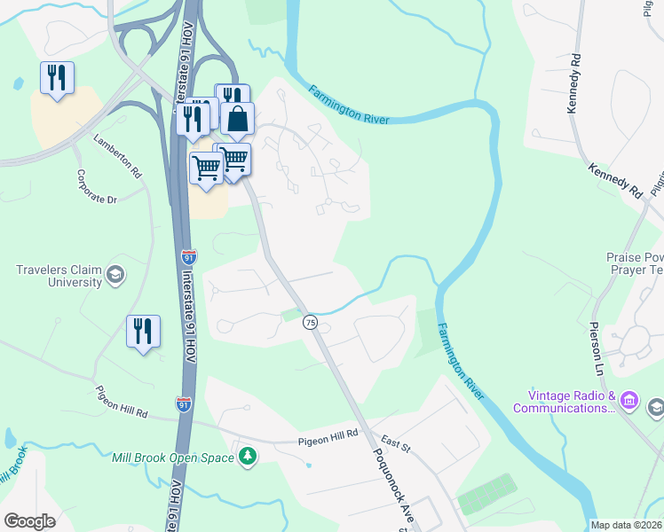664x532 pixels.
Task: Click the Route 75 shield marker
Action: click(310, 323)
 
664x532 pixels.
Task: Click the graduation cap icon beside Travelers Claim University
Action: click(115, 275)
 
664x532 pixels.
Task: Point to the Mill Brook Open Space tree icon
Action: click(249, 457)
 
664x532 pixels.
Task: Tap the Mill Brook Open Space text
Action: click(173, 458)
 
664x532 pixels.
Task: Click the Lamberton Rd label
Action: click(118, 153)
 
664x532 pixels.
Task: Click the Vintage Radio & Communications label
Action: click(564, 402)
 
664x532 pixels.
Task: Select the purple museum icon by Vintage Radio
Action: click(630, 401)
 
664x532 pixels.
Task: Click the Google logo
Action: click(29, 520)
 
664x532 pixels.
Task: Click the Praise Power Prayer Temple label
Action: click(635, 263)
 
